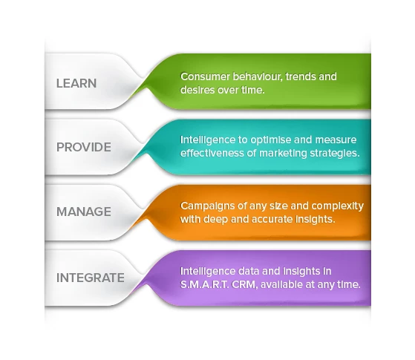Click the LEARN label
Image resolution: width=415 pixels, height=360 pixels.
[76, 83]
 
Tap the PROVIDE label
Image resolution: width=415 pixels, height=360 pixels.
[84, 147]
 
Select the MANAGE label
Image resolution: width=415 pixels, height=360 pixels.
[84, 212]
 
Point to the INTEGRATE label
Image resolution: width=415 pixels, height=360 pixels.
[91, 278]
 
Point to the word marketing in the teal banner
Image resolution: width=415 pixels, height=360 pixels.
[282, 154]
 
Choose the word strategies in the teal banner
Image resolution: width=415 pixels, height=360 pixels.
[335, 154]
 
